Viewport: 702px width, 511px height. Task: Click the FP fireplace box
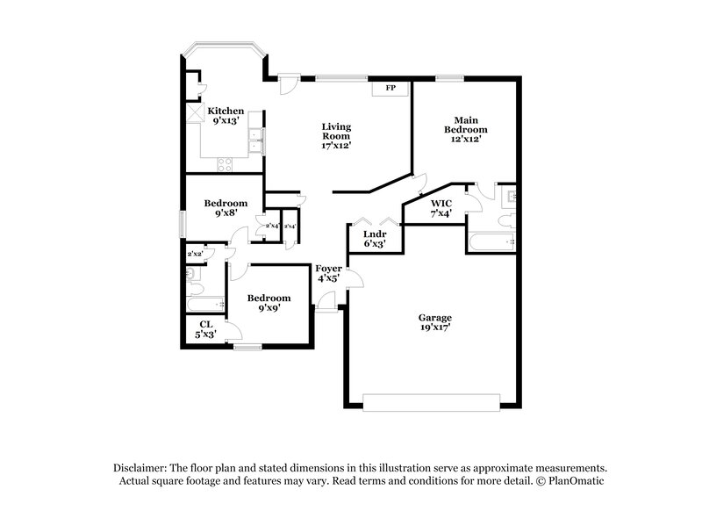point(390,89)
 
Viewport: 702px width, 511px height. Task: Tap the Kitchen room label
point(225,112)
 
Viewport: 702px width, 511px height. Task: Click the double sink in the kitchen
point(255,140)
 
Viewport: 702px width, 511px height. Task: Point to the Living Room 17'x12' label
point(335,136)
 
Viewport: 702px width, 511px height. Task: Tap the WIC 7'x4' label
point(441,207)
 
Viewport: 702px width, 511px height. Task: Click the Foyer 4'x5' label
point(329,275)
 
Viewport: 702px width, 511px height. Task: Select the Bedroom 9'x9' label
point(268,303)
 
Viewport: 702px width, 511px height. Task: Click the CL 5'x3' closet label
point(205,329)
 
